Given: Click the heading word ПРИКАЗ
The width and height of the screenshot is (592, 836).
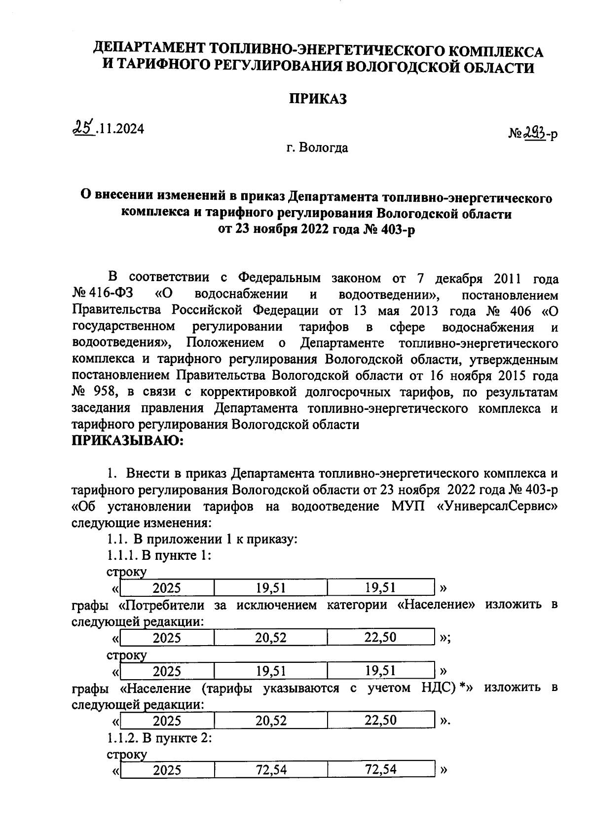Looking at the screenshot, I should click(x=318, y=99).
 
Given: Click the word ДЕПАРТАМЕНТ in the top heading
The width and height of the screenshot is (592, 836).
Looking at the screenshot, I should click(x=148, y=49).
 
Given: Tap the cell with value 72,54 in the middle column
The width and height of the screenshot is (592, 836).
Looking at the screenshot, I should click(x=271, y=769).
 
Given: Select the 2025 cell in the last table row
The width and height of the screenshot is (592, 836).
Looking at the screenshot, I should click(x=167, y=770).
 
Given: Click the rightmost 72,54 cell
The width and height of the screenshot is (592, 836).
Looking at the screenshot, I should click(x=381, y=769).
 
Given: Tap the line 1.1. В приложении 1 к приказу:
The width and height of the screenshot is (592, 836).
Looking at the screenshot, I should click(x=203, y=539).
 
